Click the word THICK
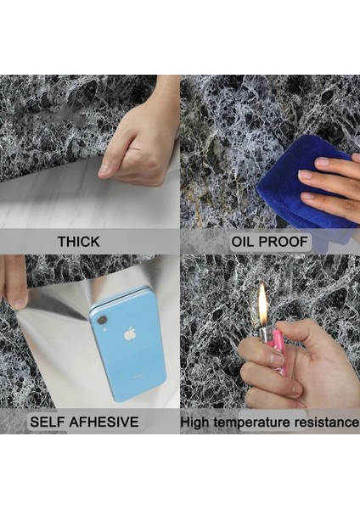(78, 242)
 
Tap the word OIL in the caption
(247, 242)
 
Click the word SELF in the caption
(49, 422)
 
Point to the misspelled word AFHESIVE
(106, 422)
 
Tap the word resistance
(327, 422)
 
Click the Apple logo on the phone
(130, 333)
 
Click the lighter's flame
(262, 301)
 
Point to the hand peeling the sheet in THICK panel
(140, 136)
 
